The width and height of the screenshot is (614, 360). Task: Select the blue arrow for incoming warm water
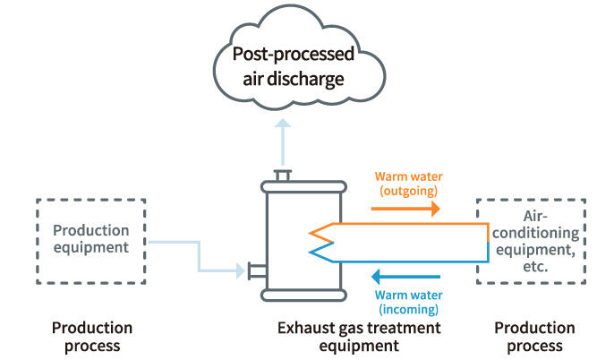tap(406, 277)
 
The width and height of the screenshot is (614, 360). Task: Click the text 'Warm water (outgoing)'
tap(406, 184)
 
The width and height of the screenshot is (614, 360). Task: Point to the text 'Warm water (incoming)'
tap(407, 300)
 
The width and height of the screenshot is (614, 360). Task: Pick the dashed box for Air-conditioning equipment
tap(530, 241)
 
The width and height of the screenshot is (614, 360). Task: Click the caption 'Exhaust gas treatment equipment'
tap(358, 337)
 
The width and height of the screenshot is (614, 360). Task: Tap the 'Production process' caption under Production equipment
tap(91, 337)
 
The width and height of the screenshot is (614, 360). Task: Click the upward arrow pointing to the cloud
tap(283, 143)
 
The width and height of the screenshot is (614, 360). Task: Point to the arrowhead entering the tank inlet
tap(241, 268)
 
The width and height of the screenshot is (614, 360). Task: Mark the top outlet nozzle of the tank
tap(283, 176)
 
